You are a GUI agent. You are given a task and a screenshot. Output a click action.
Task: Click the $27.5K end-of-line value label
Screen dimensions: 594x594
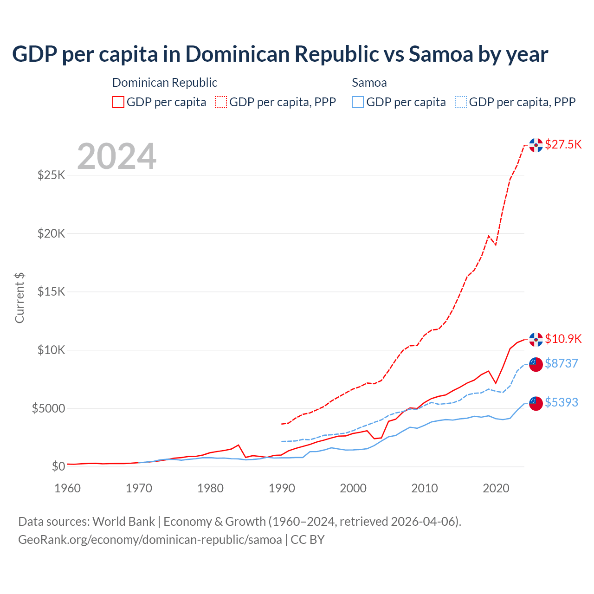[563, 144]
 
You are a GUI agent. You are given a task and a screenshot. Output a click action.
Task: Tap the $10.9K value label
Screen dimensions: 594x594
[563, 339]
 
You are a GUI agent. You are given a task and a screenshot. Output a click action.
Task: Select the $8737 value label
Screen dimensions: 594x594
[561, 363]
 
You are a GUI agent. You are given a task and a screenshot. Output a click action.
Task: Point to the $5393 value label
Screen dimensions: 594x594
[561, 402]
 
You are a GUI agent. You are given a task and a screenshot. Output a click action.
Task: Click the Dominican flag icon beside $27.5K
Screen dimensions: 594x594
[536, 145]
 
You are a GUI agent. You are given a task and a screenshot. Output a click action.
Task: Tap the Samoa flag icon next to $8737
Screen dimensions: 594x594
[536, 364]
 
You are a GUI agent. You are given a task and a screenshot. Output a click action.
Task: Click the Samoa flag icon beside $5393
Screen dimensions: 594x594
[536, 403]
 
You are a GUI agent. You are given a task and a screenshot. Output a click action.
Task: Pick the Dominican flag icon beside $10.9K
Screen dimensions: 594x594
[536, 340]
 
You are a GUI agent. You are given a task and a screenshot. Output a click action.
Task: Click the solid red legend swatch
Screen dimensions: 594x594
[118, 102]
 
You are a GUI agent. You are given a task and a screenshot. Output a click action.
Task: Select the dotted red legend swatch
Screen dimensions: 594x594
[221, 102]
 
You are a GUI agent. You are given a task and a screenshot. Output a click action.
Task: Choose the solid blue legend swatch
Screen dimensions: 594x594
[358, 102]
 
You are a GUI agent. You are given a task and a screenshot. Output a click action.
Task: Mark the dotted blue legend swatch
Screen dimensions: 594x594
[461, 102]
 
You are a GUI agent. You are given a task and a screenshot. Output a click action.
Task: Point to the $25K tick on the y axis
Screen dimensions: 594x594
[52, 175]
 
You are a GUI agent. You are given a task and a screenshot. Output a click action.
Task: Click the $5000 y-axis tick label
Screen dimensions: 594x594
[48, 408]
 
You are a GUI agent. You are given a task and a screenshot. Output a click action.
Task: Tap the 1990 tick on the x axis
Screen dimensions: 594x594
[282, 488]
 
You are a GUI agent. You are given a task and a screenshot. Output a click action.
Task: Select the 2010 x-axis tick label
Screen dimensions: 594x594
[425, 488]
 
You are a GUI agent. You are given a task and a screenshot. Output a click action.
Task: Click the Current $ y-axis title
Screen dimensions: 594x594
[19, 298]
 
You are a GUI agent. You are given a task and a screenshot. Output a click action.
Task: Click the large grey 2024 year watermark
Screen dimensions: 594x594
[116, 156]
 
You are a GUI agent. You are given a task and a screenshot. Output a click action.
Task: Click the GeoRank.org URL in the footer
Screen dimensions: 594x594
[150, 540]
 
